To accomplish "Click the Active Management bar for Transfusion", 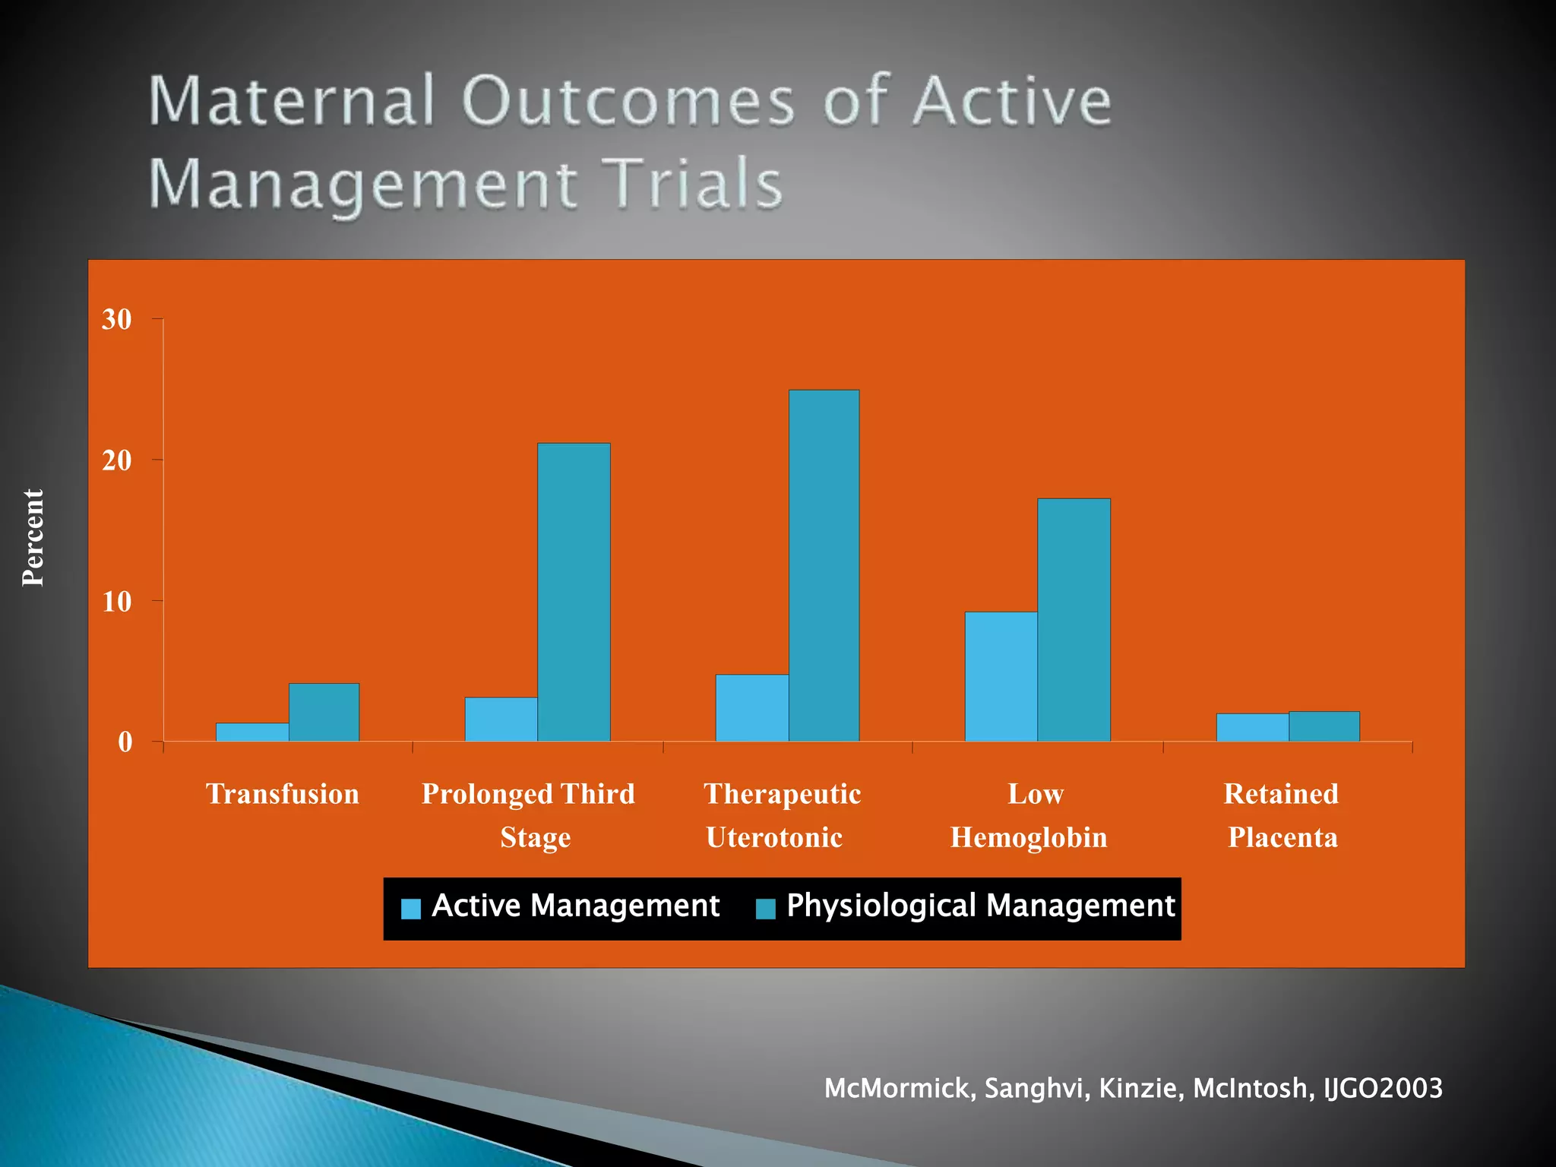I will (252, 732).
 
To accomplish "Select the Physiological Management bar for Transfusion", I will (324, 713).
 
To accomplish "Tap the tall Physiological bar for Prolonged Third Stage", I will (574, 592).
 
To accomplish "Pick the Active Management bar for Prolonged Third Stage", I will (501, 719).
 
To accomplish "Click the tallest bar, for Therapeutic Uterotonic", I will (824, 565).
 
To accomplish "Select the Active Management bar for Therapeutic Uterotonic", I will (751, 707).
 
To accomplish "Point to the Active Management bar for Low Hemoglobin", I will (1001, 676).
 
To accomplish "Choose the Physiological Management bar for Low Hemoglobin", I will (1074, 619).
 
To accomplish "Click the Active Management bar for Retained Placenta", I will (1252, 727).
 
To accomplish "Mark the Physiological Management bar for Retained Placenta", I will (1324, 726).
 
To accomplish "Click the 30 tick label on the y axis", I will (116, 320).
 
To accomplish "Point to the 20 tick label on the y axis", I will (116, 460).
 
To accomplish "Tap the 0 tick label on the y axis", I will (125, 742).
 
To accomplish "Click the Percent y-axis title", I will (33, 537).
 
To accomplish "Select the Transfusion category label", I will (283, 794).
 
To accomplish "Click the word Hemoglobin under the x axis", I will (1029, 837).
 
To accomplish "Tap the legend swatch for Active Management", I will (410, 909).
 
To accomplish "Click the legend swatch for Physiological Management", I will (766, 909).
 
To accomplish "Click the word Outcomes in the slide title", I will (628, 101).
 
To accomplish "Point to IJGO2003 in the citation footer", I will (1382, 1088).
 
